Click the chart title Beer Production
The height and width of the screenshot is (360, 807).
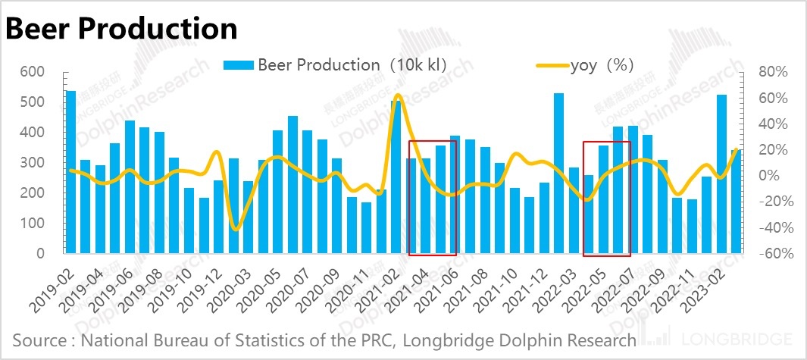tap(121, 29)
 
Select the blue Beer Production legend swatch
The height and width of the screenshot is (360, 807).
tap(239, 65)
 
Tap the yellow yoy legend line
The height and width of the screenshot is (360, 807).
tap(552, 65)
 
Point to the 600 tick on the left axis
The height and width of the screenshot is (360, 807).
tap(33, 72)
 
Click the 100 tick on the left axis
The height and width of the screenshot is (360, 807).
tap(33, 224)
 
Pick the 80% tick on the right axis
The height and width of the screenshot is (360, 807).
tap(773, 72)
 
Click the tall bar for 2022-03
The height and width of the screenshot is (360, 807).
tap(559, 174)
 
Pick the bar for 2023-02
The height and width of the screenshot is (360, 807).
tap(722, 174)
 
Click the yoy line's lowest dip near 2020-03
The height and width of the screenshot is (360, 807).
tap(236, 229)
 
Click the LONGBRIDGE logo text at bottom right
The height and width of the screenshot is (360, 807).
tap(737, 339)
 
